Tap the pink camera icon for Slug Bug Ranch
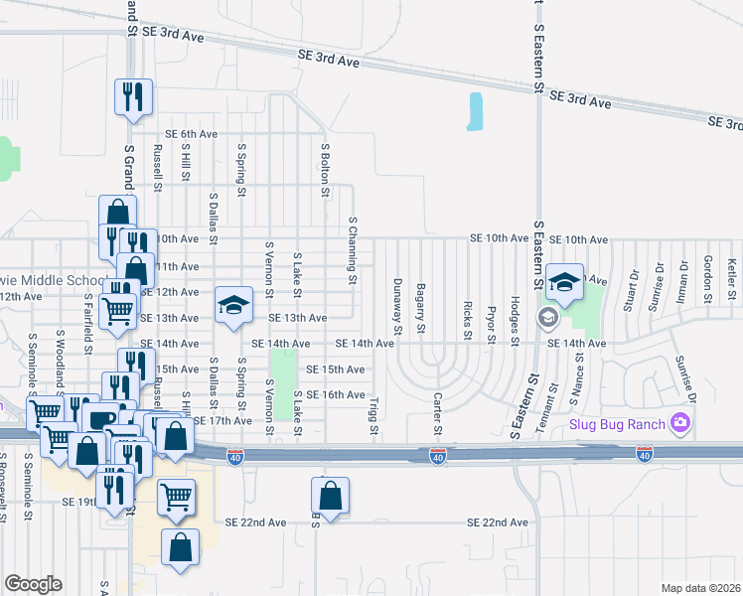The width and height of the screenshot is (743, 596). tap(680, 424)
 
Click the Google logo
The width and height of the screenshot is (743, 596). tap(33, 584)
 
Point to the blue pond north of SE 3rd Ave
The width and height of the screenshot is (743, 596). tap(475, 112)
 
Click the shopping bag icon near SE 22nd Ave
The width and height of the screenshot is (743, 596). tap(330, 495)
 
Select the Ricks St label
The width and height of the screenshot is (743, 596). tap(467, 313)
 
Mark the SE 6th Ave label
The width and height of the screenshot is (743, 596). tap(191, 133)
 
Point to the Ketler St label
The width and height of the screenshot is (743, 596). tap(731, 279)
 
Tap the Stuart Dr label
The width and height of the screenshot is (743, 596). tap(628, 289)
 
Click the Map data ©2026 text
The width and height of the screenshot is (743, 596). tap(701, 588)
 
